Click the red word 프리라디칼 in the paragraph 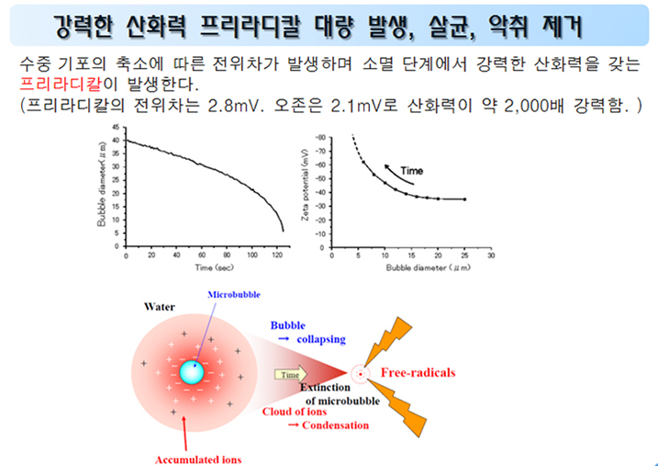[x=61, y=85]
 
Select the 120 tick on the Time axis [x=277, y=256]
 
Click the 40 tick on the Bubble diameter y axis [x=117, y=141]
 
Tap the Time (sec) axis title [x=214, y=267]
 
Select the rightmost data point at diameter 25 [x=464, y=199]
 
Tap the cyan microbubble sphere [x=192, y=372]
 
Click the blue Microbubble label [x=234, y=294]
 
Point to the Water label [x=160, y=307]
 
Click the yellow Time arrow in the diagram [x=291, y=374]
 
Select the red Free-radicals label [x=418, y=372]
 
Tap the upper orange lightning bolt [x=388, y=340]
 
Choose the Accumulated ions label [x=198, y=460]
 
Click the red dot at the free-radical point [x=360, y=374]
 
